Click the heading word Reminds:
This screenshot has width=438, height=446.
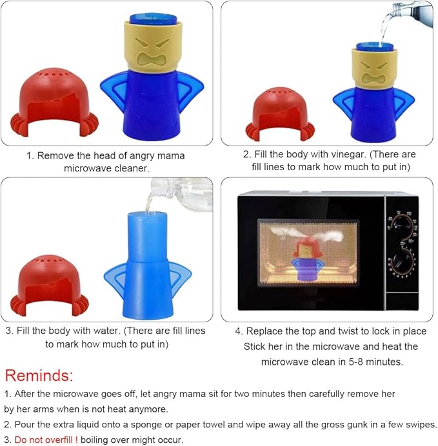click(39, 376)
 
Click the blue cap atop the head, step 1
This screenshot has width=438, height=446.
click(153, 20)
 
